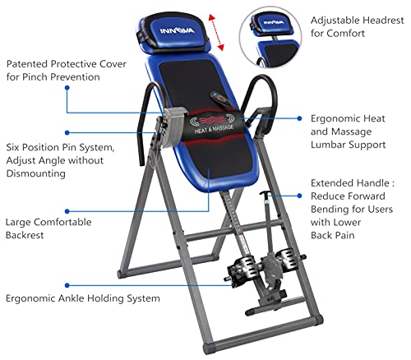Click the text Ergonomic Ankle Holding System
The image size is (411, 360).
click(82, 298)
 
